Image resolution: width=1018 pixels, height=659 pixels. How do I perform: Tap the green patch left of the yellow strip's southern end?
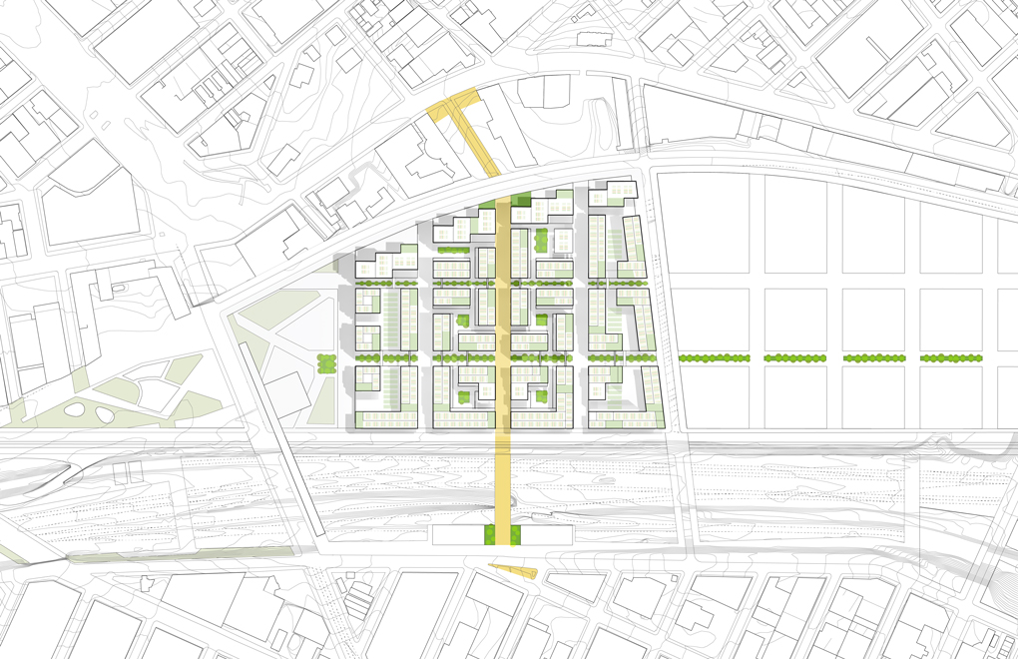pyautogui.click(x=490, y=535)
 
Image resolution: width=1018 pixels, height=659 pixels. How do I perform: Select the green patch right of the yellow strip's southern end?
pyautogui.click(x=517, y=535)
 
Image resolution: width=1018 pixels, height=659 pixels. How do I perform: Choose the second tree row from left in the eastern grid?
pyautogui.click(x=795, y=357)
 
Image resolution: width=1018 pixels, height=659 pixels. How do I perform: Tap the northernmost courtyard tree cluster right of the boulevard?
pyautogui.click(x=541, y=241)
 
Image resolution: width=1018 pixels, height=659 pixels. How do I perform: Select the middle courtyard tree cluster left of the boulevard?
pyautogui.click(x=463, y=321)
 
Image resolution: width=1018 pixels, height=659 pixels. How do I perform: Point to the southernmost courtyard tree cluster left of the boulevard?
pyautogui.click(x=463, y=397)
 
